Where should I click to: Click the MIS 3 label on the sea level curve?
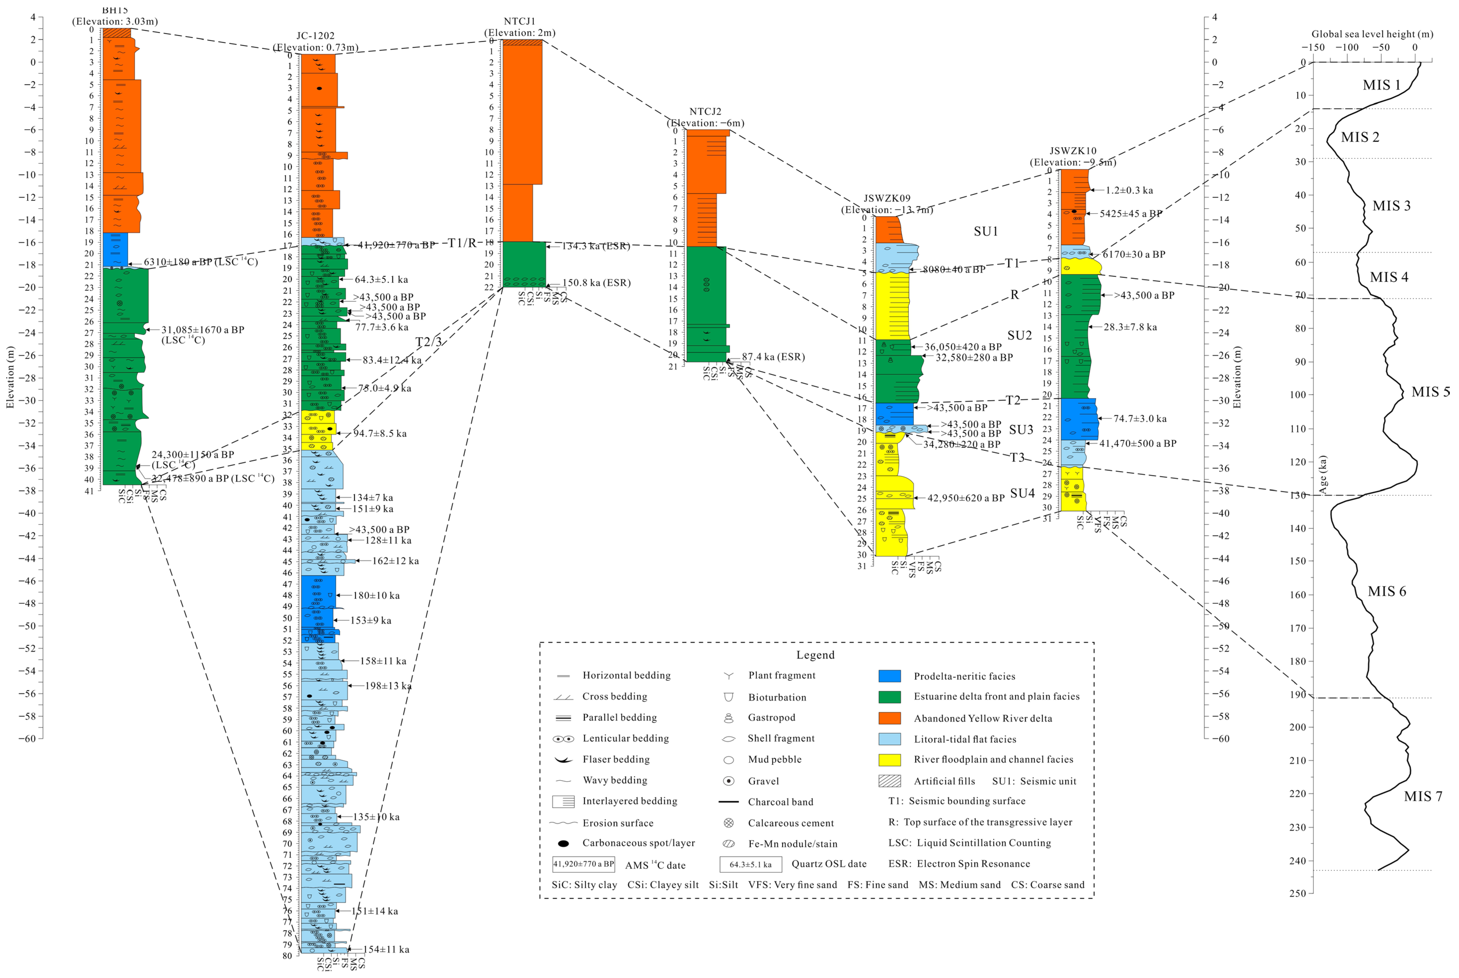1391,206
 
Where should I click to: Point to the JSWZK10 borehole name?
1072,151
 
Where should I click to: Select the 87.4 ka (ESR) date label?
773,357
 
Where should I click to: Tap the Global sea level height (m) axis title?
1372,34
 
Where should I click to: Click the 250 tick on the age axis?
1298,893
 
